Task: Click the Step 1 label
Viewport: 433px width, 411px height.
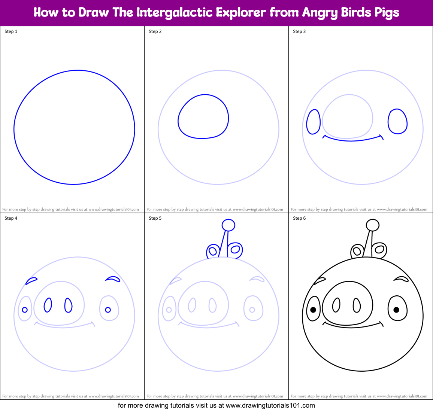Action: (x=11, y=31)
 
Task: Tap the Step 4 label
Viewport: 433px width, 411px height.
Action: (x=11, y=218)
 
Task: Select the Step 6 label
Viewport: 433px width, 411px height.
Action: (x=299, y=218)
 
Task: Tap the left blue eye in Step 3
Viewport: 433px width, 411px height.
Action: (x=313, y=122)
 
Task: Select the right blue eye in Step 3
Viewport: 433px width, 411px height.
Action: (x=397, y=121)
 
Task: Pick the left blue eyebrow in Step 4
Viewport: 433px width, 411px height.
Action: (x=31, y=280)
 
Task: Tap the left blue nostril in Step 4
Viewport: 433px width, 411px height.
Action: (x=48, y=305)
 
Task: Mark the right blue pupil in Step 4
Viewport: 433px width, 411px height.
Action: (x=108, y=310)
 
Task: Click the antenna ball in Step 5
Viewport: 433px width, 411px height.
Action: (x=228, y=225)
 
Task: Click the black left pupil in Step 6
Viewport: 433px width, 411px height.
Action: (x=313, y=310)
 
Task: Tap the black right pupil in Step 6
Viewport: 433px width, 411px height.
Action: (x=396, y=310)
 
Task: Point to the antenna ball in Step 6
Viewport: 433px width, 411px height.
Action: (x=372, y=225)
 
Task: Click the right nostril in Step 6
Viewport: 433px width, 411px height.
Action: (x=357, y=305)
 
